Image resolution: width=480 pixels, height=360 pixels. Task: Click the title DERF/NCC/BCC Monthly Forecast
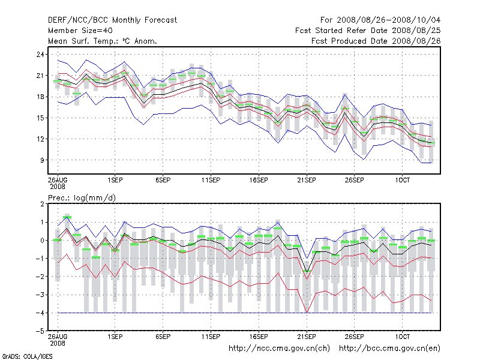[x=112, y=20]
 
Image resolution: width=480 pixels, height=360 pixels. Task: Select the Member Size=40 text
[x=80, y=30]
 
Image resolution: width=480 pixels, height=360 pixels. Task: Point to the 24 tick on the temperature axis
[x=41, y=55]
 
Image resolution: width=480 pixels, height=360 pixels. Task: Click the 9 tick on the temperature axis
[x=43, y=160]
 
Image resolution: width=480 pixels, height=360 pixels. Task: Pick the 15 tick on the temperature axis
[x=41, y=118]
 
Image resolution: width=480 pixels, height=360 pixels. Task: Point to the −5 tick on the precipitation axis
[x=40, y=331]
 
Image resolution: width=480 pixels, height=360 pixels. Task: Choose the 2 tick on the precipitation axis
[x=43, y=204]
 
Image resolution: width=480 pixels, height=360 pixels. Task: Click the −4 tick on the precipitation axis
[x=40, y=313]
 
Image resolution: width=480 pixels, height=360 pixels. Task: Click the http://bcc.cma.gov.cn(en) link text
[x=390, y=348]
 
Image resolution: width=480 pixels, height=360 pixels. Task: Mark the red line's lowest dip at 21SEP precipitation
[x=307, y=312]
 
